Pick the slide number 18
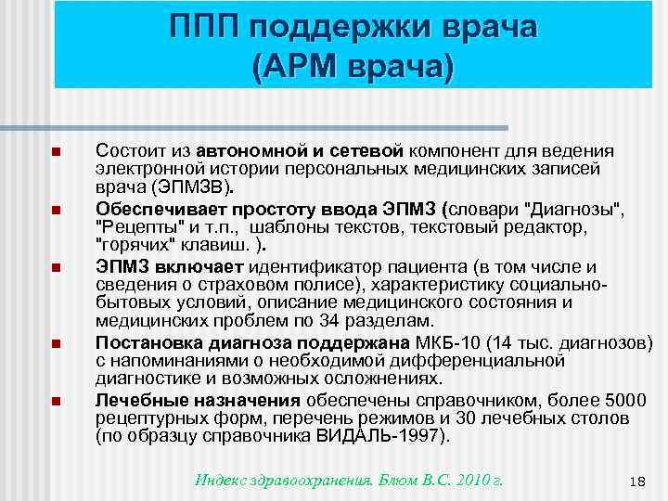click(x=636, y=481)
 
